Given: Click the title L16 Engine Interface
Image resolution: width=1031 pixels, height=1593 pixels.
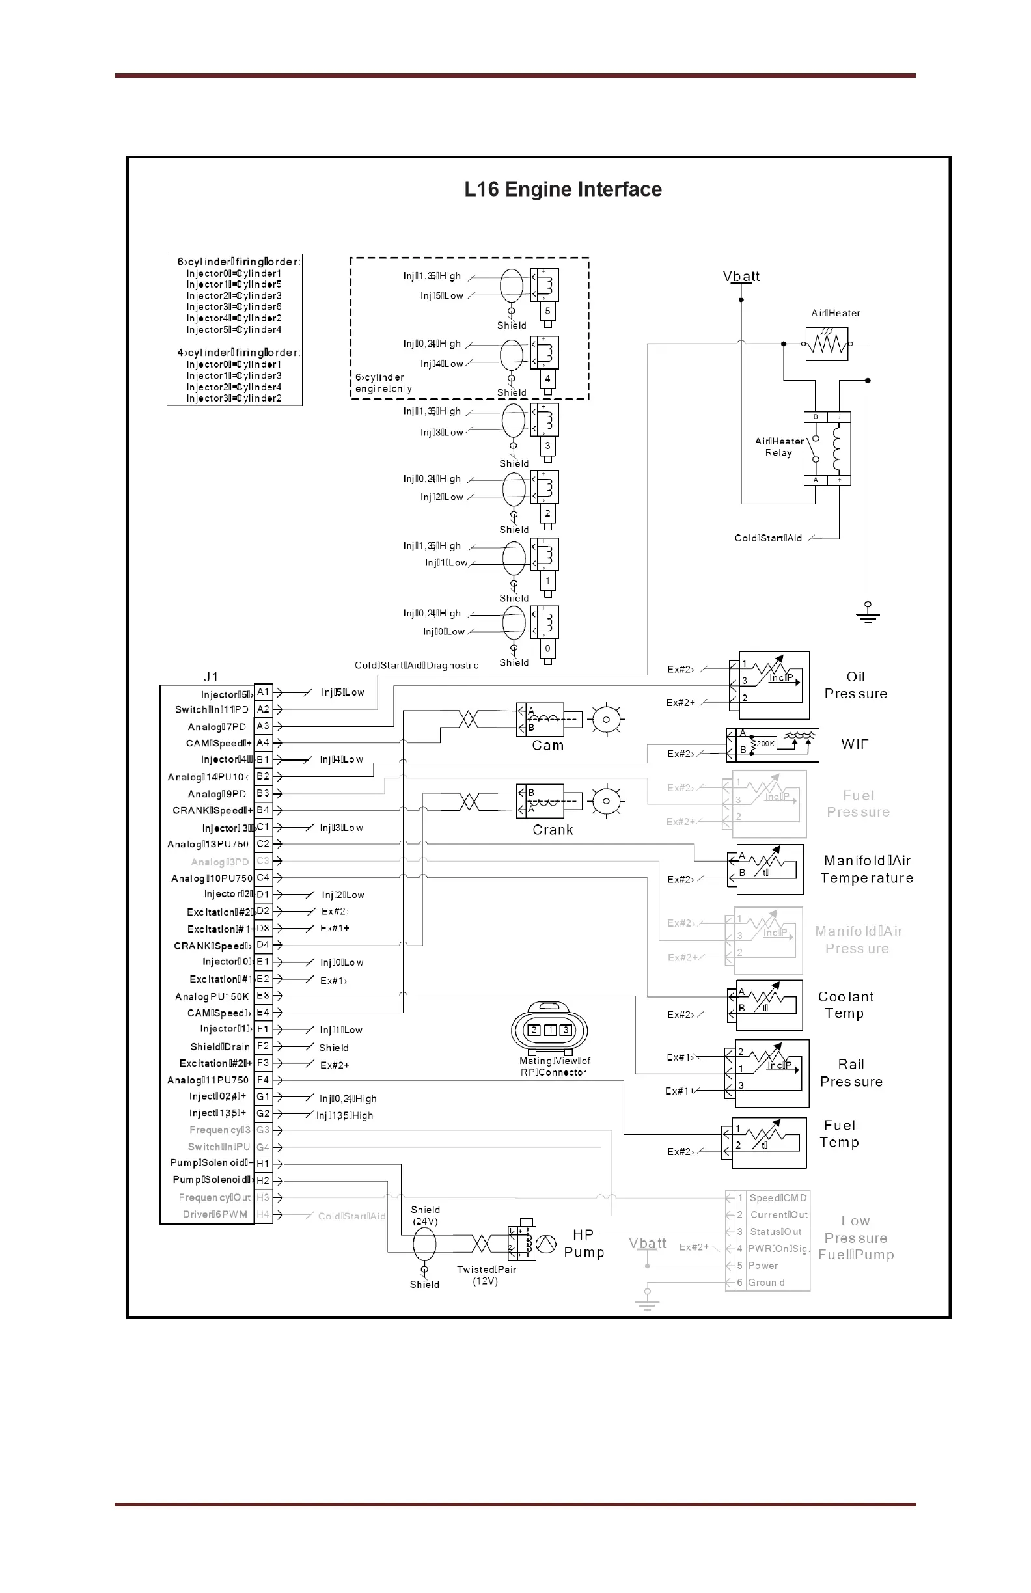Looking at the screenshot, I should click(563, 189).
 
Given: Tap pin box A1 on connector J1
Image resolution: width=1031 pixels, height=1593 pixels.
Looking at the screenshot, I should click(263, 692).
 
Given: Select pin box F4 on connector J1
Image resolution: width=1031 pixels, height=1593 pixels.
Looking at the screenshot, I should click(263, 1080).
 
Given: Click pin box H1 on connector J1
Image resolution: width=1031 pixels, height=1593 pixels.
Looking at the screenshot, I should click(263, 1164).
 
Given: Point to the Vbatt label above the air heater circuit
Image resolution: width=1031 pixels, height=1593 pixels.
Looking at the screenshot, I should click(741, 277).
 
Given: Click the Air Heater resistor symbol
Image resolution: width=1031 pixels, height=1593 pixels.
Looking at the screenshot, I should click(827, 344).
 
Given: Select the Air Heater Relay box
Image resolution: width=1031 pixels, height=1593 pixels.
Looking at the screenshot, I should click(827, 448).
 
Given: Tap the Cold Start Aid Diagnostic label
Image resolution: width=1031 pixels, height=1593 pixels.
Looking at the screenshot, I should click(417, 665).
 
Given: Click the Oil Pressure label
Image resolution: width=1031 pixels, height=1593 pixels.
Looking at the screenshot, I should click(856, 685).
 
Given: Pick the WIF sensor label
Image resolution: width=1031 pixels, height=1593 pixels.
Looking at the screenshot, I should click(855, 744).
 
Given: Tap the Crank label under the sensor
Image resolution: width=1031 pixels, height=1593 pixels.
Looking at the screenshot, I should click(553, 830).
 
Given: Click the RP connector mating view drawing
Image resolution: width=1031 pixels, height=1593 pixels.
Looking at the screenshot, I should click(549, 1030).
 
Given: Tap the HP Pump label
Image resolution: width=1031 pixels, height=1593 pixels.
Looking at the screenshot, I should click(584, 1244).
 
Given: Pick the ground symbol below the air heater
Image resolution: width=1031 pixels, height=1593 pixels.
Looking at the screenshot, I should click(868, 613).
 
